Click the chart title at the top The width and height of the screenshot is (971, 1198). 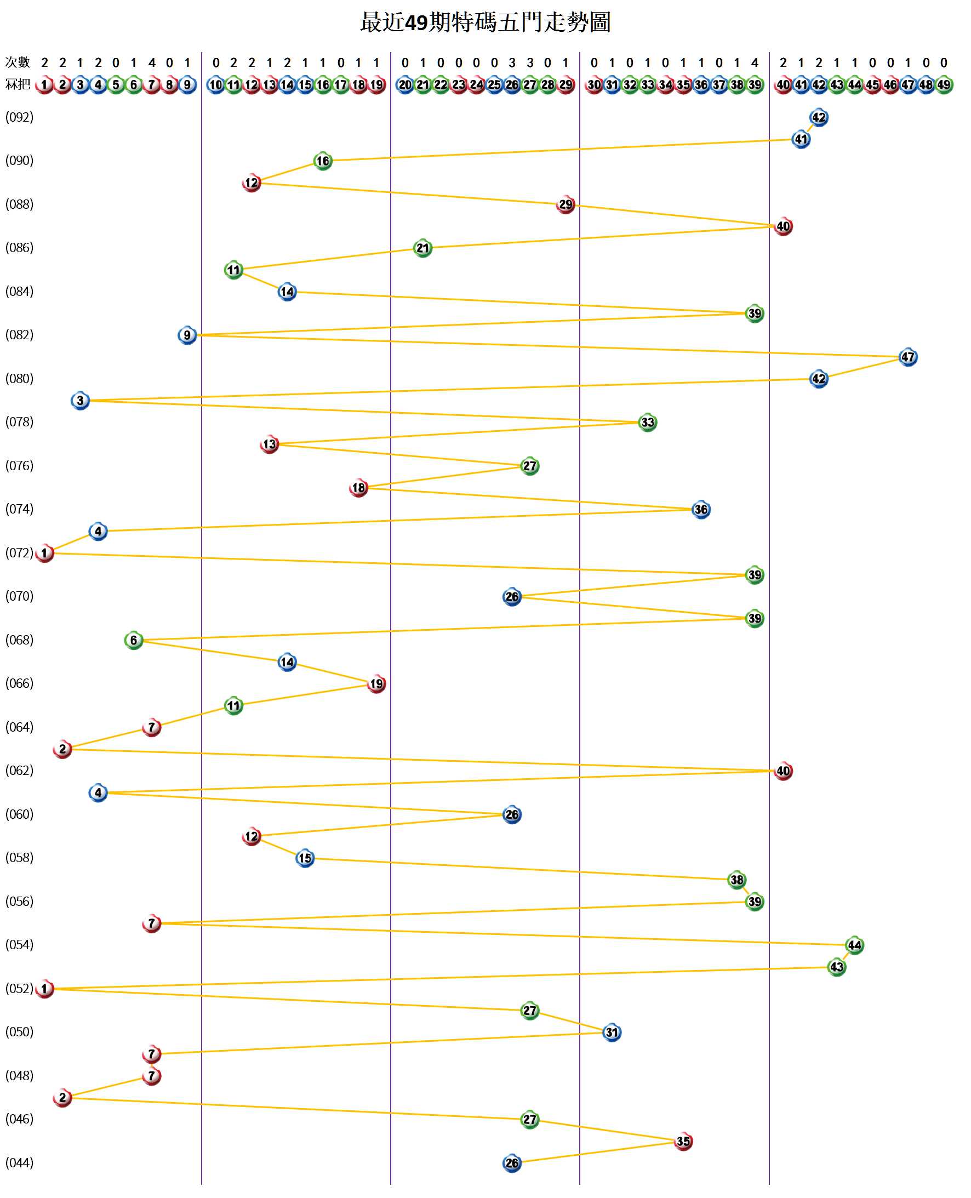485,22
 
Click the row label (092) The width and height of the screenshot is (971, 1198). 20,117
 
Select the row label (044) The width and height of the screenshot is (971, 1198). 20,1163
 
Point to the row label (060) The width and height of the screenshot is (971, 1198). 20,814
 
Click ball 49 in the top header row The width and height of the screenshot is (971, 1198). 944,85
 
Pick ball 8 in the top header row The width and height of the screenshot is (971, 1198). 169,85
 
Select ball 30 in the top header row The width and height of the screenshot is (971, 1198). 594,85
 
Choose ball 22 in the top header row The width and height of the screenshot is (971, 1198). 441,85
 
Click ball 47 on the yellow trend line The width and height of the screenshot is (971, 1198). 908,357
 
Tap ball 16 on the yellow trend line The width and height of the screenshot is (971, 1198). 323,161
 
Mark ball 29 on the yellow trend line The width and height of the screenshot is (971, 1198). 566,205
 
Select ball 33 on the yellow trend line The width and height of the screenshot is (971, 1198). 647,423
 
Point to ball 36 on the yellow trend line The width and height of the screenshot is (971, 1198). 701,510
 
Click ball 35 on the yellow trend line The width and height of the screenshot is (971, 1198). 683,1141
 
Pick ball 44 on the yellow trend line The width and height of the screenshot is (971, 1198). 854,945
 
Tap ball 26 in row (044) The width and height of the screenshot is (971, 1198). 512,1163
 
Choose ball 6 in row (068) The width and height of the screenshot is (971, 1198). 134,640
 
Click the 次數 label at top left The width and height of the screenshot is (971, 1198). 18,62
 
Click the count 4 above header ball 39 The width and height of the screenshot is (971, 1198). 755,62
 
